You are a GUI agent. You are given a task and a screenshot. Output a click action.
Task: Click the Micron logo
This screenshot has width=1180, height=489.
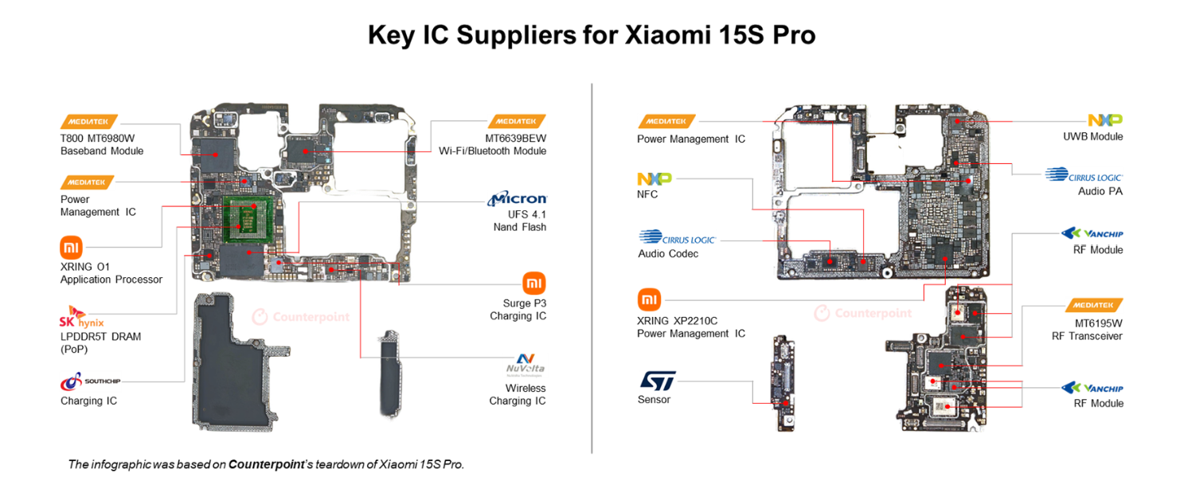[518, 198]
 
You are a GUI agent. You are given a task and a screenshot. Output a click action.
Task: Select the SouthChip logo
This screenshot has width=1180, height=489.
[90, 381]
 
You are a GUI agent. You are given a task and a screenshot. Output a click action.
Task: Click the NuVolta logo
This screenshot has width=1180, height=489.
[525, 364]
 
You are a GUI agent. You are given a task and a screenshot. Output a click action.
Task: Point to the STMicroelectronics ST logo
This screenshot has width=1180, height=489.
[657, 381]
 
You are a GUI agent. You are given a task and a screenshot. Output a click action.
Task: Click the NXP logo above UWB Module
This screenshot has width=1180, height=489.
[1104, 119]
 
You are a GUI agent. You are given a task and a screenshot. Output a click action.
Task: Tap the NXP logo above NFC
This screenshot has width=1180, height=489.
[654, 178]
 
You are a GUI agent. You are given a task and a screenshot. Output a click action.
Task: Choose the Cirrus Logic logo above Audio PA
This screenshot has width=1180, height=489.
[1084, 175]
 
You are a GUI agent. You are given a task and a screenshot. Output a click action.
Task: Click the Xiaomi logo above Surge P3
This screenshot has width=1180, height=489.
[534, 283]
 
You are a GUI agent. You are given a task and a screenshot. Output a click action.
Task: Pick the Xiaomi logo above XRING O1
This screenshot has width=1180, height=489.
[71, 246]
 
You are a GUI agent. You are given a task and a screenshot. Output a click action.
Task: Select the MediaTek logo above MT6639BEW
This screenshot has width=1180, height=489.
[517, 121]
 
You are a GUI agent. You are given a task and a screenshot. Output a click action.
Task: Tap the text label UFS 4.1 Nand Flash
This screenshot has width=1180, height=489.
[519, 221]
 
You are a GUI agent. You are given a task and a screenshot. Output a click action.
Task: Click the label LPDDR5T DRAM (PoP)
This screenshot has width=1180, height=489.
[100, 342]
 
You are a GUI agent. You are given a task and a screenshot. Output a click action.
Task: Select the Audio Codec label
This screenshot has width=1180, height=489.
[667, 253]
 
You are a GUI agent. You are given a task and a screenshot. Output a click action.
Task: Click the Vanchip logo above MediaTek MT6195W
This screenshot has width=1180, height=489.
[1092, 233]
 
